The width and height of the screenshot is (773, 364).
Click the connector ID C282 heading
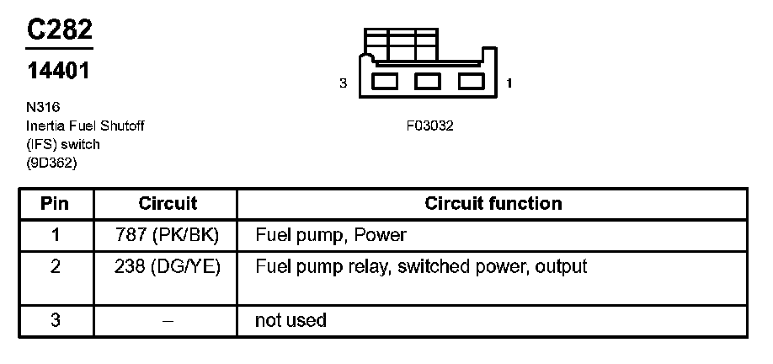(59, 30)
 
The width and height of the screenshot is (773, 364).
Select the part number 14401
(58, 72)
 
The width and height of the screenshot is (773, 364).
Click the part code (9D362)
(52, 163)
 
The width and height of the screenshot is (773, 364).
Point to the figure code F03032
(429, 126)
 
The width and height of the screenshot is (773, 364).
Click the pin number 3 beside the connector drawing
(343, 83)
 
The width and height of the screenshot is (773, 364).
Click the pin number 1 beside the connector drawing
(511, 83)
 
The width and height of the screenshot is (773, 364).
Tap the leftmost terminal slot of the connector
(386, 82)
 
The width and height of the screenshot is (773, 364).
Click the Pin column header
(56, 204)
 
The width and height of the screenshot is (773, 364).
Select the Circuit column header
(168, 204)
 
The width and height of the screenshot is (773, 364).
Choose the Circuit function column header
(493, 204)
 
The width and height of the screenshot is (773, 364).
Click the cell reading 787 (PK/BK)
(168, 234)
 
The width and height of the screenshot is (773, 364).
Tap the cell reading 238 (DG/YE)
(168, 267)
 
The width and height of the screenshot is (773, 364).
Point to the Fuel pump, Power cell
(331, 234)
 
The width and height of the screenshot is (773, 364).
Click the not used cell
(291, 320)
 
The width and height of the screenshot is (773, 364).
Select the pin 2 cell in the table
(56, 267)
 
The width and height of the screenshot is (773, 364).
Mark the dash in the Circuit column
(168, 320)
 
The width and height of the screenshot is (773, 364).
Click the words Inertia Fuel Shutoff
(85, 126)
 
